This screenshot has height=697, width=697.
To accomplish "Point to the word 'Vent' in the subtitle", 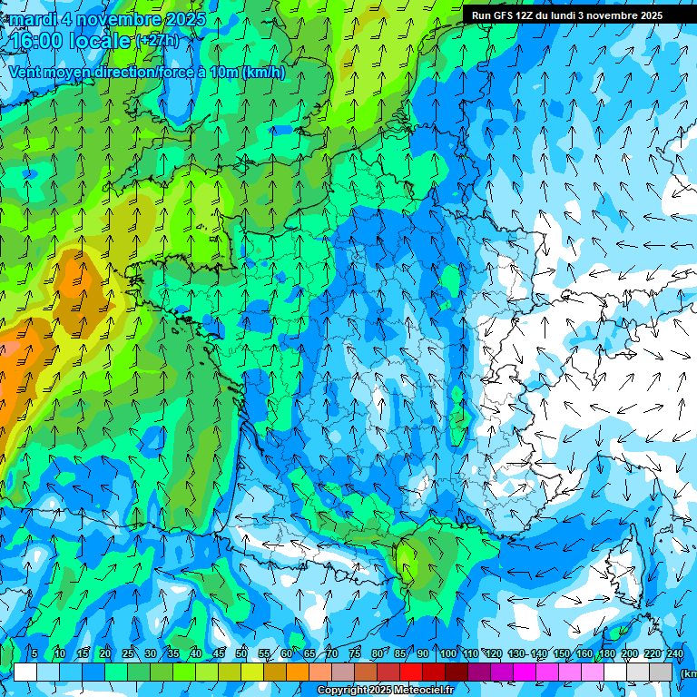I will pyautogui.click(x=25, y=73).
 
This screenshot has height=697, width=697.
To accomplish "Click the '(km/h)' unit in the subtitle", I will pyautogui.click(x=264, y=73).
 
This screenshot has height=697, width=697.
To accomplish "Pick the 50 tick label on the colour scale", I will pyautogui.click(x=241, y=653).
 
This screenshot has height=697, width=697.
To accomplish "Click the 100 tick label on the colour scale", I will pyautogui.click(x=447, y=653).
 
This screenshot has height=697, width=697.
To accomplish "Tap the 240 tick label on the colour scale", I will pyautogui.click(x=675, y=653).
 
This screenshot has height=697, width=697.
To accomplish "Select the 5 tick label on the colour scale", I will pyautogui.click(x=34, y=653).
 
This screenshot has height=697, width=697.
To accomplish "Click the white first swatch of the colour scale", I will pyautogui.click(x=25, y=672).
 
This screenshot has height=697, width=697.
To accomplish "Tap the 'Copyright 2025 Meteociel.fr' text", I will pyautogui.click(x=385, y=691).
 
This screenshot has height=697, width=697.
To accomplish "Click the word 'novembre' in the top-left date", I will pyautogui.click(x=110, y=19).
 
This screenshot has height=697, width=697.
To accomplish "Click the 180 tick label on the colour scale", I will pyautogui.click(x=605, y=653).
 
